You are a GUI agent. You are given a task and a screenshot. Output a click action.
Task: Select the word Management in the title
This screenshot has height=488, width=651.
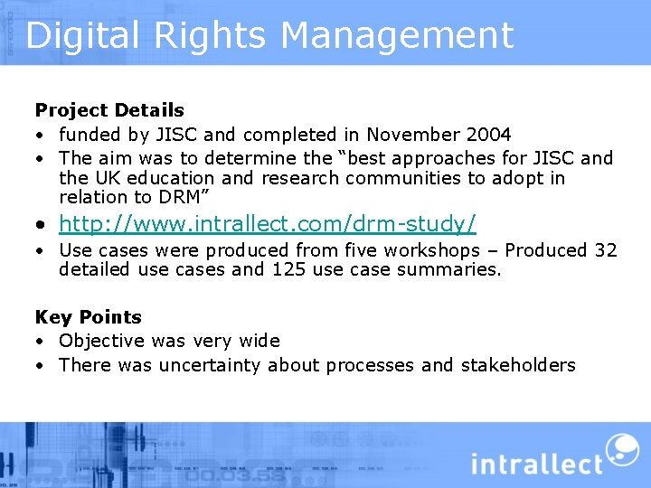(x=397, y=35)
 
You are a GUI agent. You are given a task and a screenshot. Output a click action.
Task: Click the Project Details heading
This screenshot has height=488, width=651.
(x=109, y=110)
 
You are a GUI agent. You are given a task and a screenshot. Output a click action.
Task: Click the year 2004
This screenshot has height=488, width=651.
(x=489, y=135)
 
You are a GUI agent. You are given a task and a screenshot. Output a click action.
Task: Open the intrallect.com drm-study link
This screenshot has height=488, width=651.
(x=268, y=221)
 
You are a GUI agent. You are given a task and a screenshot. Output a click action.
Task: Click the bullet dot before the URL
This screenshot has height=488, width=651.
(x=42, y=223)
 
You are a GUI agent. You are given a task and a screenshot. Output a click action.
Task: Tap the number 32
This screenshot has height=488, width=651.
(x=605, y=250)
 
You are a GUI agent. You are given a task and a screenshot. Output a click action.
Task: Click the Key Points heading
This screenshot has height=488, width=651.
(x=89, y=317)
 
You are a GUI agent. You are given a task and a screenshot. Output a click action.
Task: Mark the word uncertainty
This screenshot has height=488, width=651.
(x=210, y=365)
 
